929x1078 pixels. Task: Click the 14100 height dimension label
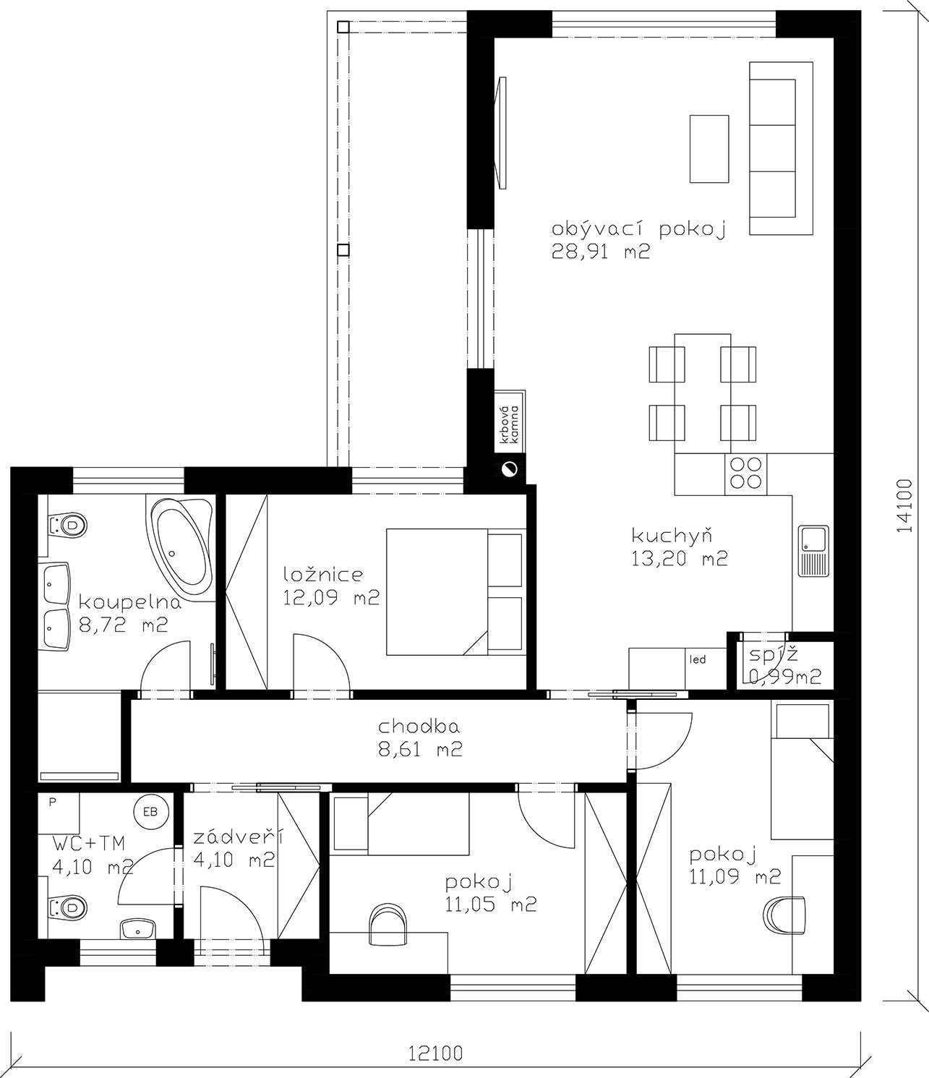click(x=905, y=506)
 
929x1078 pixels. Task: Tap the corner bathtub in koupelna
click(x=181, y=543)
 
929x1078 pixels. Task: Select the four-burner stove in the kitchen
click(x=745, y=474)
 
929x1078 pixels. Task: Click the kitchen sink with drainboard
click(x=813, y=551)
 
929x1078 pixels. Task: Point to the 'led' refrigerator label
click(x=698, y=659)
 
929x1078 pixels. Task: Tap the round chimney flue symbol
click(x=510, y=469)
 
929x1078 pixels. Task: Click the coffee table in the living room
click(x=709, y=149)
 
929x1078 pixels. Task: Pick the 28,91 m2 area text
click(x=601, y=252)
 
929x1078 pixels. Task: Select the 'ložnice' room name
click(x=323, y=574)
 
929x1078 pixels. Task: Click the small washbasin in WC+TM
click(x=138, y=929)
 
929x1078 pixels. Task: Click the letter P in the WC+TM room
click(x=52, y=802)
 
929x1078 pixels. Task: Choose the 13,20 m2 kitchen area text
click(x=679, y=559)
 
